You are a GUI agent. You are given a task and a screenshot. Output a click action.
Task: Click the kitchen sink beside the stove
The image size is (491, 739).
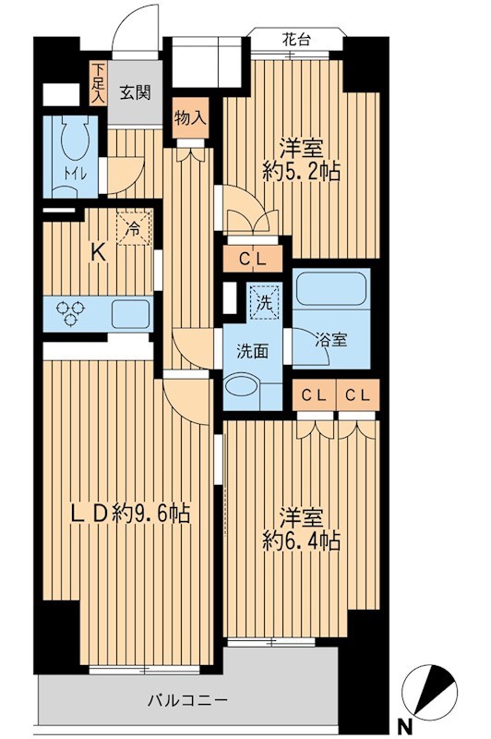pyautogui.click(x=130, y=314)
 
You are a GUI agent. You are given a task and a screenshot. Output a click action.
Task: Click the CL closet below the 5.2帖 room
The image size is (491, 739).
pyautogui.click(x=254, y=259)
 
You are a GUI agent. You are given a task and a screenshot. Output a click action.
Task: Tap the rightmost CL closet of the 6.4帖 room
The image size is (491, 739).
pyautogui.click(x=358, y=395)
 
